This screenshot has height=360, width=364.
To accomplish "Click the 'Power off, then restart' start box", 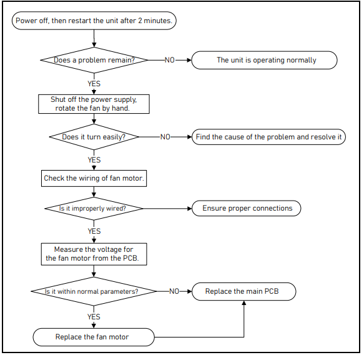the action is pos(94,21).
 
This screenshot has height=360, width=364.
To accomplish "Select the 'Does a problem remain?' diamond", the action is pos(94,60).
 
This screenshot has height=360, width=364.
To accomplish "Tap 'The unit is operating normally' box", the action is pos(264,60).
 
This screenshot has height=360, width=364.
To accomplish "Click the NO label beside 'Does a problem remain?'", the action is pos(170,60).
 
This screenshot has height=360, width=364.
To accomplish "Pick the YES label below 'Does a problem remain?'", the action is pos(94,84).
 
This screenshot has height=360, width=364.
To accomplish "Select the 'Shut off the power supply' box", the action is pos(94,104).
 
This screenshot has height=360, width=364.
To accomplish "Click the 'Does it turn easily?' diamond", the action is pos(94,137).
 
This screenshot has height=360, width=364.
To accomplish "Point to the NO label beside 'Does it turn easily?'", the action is pos(165,137).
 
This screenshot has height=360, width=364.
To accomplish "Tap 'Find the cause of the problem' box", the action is pos(269,137).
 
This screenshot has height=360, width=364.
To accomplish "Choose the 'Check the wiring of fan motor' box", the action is pos(94,178).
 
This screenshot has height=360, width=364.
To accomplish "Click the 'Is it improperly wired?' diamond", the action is pos(94,209).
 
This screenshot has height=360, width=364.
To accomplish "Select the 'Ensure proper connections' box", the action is pos(247,208).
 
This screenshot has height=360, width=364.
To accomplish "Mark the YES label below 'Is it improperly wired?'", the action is pos(94,231).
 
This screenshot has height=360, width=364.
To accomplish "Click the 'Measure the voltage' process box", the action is pos(94,254).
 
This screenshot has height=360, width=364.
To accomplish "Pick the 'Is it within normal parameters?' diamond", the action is pos(94,291).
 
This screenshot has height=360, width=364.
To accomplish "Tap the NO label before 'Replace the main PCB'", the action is pos(174,291).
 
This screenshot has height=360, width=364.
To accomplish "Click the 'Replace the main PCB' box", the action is pos(243,291).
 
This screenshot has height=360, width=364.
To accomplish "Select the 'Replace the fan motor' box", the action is pos(94,337).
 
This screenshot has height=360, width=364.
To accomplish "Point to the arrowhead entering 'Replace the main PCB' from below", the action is pos(244,302).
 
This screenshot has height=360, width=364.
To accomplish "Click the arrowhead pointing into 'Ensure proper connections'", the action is pos(190,209).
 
